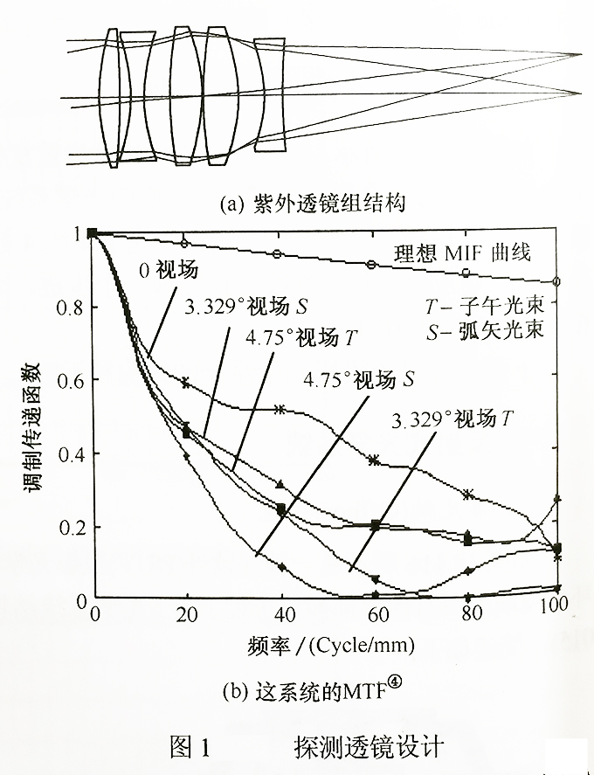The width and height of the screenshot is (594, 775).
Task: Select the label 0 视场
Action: coord(168,269)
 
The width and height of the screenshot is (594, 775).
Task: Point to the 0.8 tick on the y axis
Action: coord(67,308)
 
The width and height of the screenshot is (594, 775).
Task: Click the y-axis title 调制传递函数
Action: coord(32,417)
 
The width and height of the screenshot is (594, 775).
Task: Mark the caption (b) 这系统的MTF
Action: coord(323,694)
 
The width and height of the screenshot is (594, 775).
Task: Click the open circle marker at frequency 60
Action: coord(372,265)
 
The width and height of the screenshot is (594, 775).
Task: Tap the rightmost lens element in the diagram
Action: coord(269,95)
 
